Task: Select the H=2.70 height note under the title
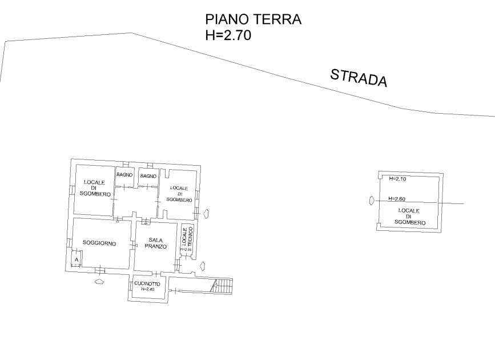[228, 35]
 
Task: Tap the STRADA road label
[359, 77]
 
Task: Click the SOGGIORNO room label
[99, 243]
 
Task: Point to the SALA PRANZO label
[156, 243]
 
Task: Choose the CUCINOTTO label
[147, 283]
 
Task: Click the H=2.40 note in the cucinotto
[147, 289]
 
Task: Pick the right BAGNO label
[148, 176]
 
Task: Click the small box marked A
[75, 261]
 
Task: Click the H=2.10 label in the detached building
[397, 179]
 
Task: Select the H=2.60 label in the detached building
[397, 199]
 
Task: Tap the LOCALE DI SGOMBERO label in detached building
[409, 216]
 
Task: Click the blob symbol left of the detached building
[371, 200]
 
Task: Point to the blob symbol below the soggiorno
[99, 281]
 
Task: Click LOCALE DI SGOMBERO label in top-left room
[95, 189]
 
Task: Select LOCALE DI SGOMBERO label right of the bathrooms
[179, 194]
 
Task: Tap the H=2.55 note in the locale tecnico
[185, 250]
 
